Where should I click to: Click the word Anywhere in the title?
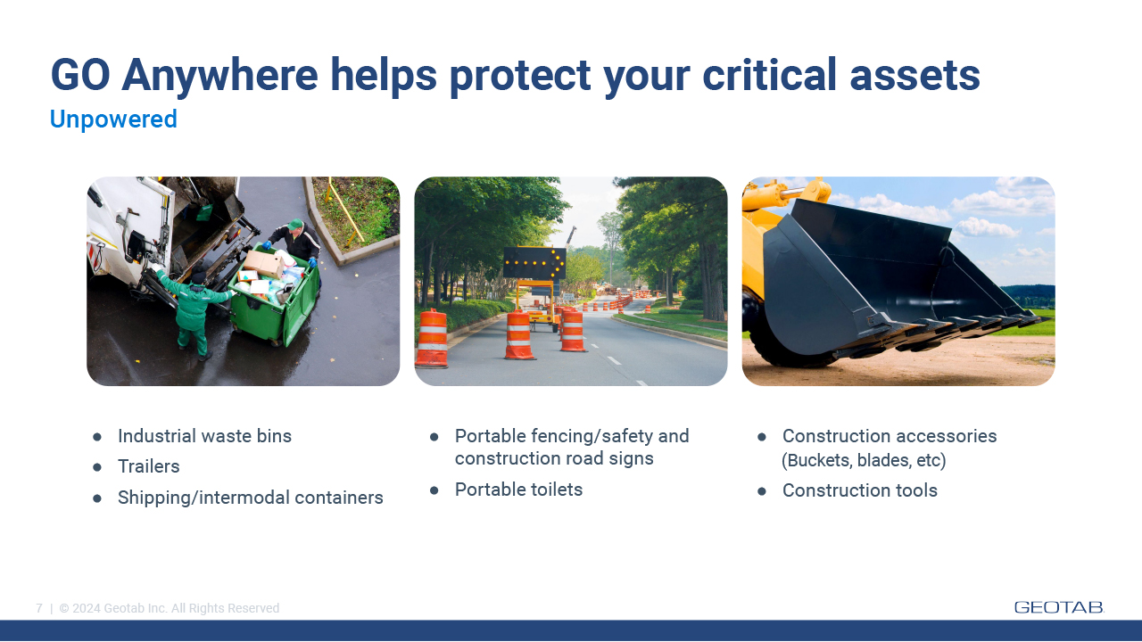[x=219, y=76]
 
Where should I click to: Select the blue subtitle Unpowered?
[x=113, y=119]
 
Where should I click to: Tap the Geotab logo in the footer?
[x=1059, y=607]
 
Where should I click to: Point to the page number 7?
[x=39, y=608]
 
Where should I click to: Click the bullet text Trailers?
[x=148, y=466]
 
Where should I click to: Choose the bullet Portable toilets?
[x=518, y=490]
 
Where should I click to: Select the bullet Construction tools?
[x=859, y=490]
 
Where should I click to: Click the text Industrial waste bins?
[x=204, y=436]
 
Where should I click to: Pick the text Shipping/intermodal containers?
[x=251, y=498]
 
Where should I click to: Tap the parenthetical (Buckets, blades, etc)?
[x=864, y=460]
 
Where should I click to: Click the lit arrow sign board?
[x=534, y=262]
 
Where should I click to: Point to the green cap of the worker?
[x=295, y=224]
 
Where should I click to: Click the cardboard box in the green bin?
[x=264, y=263]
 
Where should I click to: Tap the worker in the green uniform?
[x=194, y=312]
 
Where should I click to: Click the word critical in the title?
[x=770, y=76]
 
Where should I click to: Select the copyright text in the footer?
[x=170, y=608]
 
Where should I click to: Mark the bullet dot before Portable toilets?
[x=434, y=490]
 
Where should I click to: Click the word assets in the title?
[x=914, y=77]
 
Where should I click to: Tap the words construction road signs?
[x=554, y=458]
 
